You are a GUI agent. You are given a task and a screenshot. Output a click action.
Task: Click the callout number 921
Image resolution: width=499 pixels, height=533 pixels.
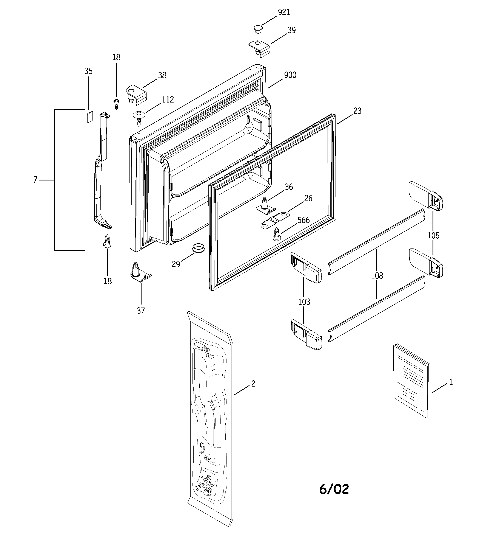click(x=284, y=12)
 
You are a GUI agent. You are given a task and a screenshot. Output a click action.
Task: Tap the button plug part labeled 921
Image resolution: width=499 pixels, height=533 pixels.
click(x=258, y=29)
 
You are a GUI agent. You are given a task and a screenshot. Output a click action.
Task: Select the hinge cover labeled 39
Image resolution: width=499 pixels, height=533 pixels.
click(x=260, y=48)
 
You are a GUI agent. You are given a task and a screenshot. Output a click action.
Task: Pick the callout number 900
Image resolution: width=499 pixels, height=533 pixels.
click(x=290, y=75)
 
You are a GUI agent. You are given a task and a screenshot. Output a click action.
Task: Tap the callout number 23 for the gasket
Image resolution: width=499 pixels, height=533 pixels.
click(x=357, y=111)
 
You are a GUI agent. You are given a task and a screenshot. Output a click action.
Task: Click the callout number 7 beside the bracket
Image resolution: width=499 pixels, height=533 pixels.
click(x=35, y=180)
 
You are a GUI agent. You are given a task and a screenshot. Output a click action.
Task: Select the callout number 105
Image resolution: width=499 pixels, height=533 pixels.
click(x=433, y=236)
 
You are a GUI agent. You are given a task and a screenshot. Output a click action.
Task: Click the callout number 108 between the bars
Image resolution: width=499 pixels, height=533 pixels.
click(x=377, y=276)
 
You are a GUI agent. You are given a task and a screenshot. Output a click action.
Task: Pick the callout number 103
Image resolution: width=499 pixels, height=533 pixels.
click(x=304, y=302)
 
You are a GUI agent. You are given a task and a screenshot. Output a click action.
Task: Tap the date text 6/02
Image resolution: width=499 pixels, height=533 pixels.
click(x=334, y=489)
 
